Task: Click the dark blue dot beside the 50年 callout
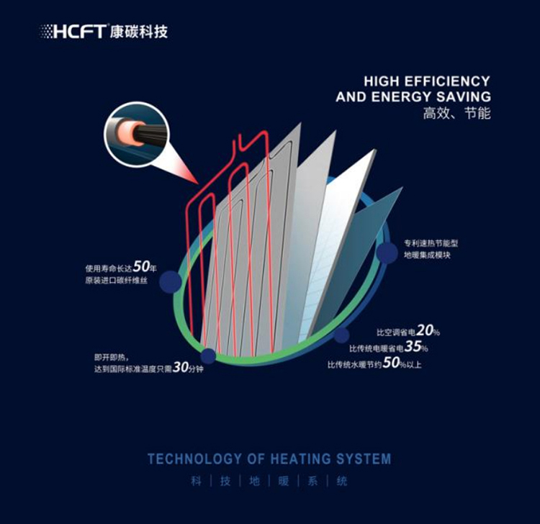pos(169,281)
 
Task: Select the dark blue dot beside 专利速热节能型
pos(387,251)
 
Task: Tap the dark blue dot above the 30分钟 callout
pos(208,355)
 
